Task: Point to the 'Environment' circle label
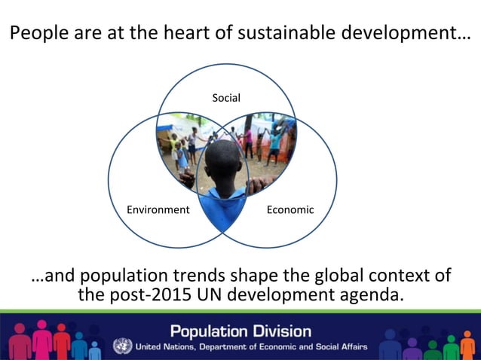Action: (x=158, y=209)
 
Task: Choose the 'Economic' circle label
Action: (x=290, y=209)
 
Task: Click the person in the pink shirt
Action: (x=249, y=141)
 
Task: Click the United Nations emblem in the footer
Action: (x=122, y=346)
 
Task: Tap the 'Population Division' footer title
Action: (x=240, y=331)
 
